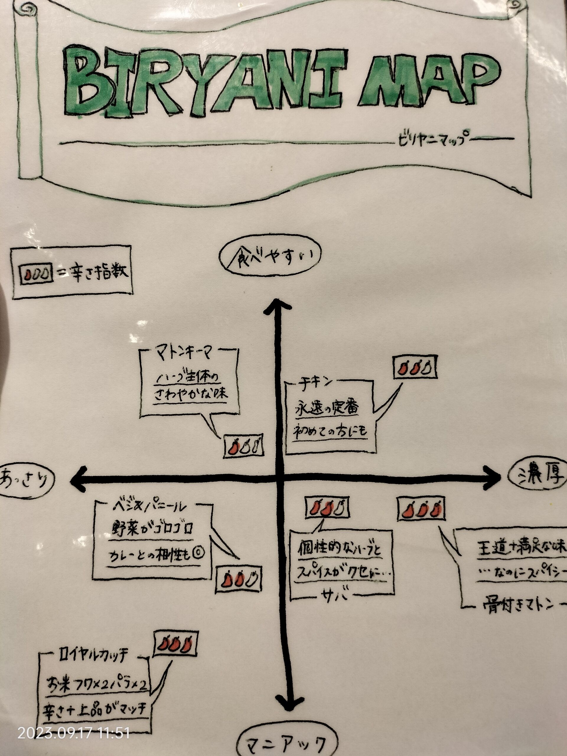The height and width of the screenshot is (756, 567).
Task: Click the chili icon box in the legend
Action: (x=37, y=274)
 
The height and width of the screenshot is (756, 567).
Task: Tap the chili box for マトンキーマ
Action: (x=244, y=446)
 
